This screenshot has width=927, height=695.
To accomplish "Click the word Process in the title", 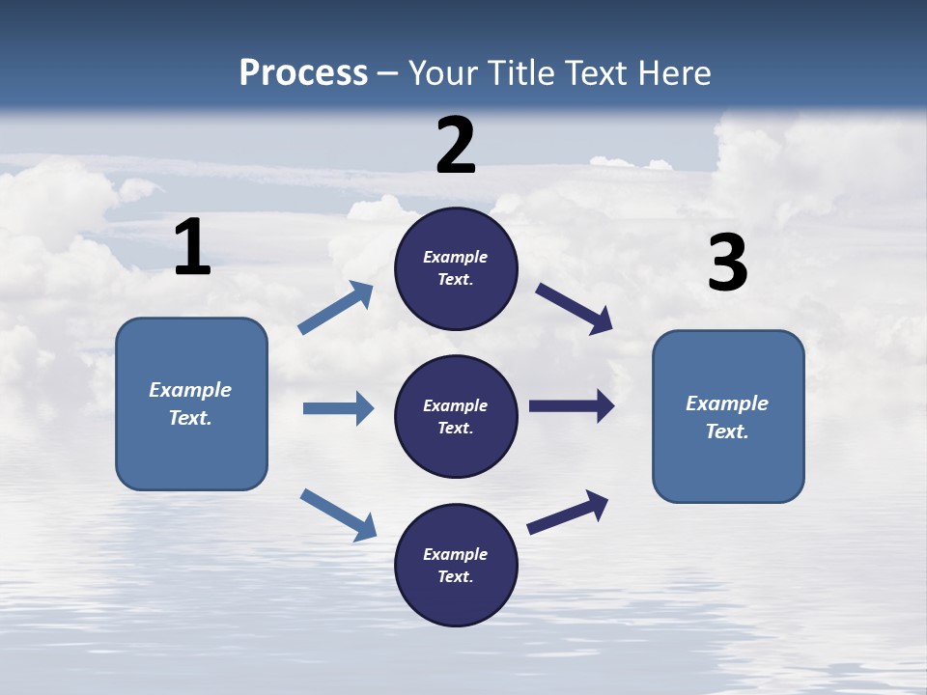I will tap(303, 73).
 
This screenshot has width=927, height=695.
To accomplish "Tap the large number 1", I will tap(192, 247).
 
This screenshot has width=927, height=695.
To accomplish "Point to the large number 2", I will tap(456, 145).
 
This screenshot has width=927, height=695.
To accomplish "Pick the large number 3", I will tap(727, 263).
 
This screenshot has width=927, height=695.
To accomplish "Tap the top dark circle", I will tap(456, 268).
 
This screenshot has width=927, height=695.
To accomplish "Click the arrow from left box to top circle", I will tap(336, 308).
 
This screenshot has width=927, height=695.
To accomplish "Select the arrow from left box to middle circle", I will tap(338, 408).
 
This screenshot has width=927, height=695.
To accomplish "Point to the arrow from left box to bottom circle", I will tap(338, 514).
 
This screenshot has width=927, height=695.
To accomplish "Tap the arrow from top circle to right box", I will tap(575, 309).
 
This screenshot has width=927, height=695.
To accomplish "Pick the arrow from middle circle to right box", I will tap(572, 406).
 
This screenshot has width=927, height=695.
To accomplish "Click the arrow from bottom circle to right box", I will tap(568, 512).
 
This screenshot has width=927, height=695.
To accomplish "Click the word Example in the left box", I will tap(190, 390).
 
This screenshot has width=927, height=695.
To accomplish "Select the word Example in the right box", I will tap(727, 403).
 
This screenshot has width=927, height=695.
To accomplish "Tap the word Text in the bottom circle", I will tap(454, 576).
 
